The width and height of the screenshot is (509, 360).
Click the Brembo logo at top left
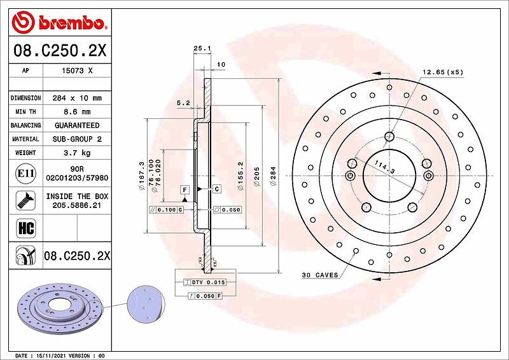[59, 22]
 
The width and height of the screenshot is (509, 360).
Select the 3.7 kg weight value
[77, 153]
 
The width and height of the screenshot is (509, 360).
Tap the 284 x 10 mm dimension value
[77, 98]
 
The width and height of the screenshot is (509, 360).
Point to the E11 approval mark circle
[25, 174]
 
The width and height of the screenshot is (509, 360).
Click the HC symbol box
[25, 228]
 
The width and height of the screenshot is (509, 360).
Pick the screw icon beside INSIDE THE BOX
[25, 200]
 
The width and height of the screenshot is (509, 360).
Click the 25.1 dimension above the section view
[202, 48]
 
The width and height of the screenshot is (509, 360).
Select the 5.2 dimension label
[183, 103]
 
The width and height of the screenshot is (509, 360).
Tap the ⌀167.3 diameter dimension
[141, 176]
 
